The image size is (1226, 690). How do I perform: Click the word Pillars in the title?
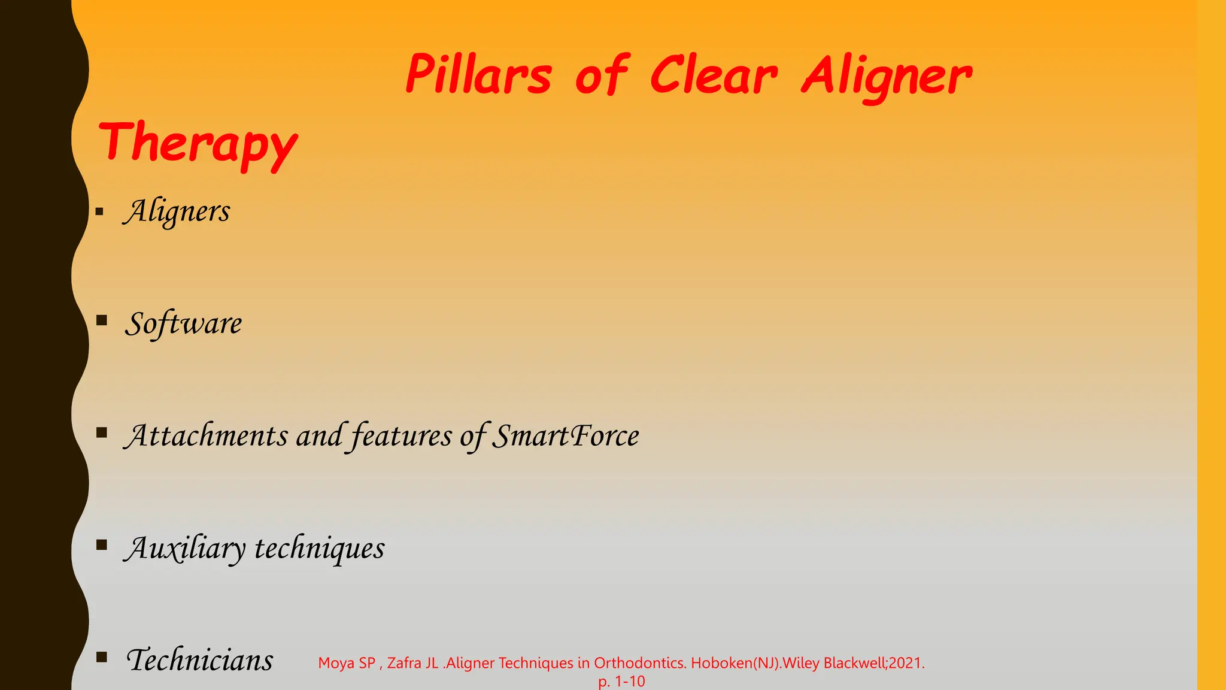[478, 75]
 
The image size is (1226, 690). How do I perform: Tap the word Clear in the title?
[714, 75]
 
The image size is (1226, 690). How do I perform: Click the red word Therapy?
[198, 144]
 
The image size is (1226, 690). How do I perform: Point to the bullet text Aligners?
[177, 211]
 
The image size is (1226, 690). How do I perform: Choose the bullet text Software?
[183, 323]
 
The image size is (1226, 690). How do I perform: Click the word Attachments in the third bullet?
[207, 435]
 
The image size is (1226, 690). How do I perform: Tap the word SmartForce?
[565, 435]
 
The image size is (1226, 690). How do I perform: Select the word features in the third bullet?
[401, 435]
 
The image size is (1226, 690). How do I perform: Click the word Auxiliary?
[185, 548]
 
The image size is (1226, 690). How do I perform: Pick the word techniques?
[320, 548]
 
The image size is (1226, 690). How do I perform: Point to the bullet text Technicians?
[199, 660]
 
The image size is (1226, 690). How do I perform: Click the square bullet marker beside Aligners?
[99, 211]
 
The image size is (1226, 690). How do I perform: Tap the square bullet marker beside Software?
[101, 320]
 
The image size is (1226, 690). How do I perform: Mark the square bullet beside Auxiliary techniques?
[101, 544]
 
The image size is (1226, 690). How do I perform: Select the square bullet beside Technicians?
[101, 657]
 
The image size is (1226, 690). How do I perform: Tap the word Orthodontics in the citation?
[639, 663]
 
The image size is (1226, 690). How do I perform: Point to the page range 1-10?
[630, 681]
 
